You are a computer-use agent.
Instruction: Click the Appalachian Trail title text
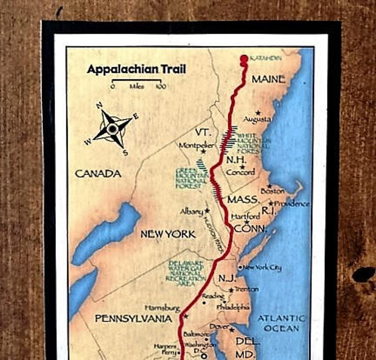136,69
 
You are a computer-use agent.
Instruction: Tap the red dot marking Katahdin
244,59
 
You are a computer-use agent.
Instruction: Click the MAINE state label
269,79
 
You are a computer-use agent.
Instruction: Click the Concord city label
240,172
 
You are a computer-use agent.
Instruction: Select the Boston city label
273,191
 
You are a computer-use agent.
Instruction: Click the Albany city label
192,211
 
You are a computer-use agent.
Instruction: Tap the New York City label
262,267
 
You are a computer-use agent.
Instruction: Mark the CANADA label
98,174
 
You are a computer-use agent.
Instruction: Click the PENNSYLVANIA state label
134,318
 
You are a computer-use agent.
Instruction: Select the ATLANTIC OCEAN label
281,323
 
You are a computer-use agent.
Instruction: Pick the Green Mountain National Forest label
189,179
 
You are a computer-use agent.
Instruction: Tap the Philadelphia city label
233,307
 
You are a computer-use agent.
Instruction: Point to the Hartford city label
245,217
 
